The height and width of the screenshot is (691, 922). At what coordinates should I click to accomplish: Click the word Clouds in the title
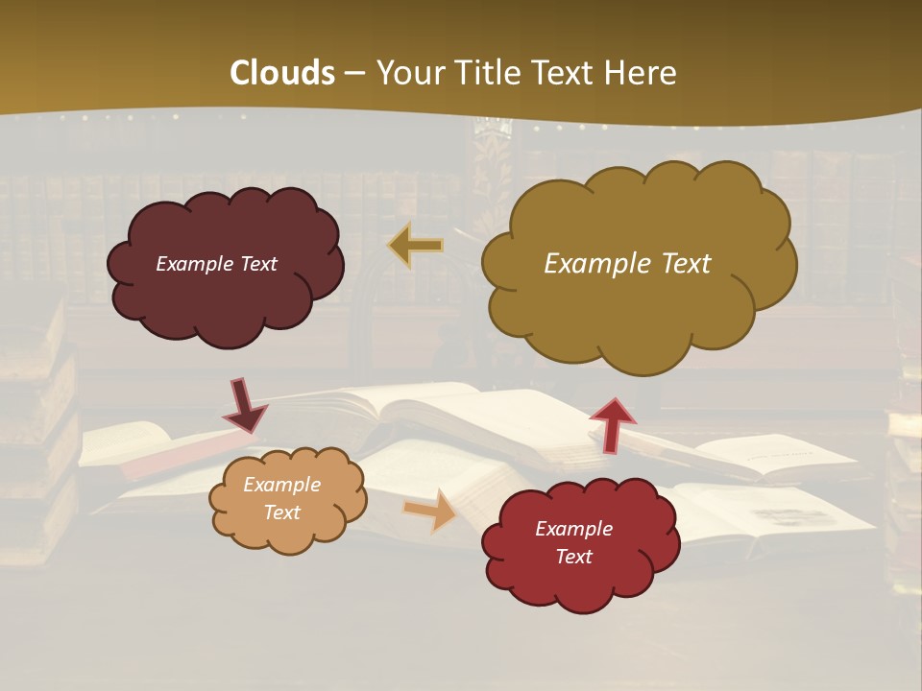pyautogui.click(x=282, y=73)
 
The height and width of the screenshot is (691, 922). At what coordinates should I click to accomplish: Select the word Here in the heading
pyautogui.click(x=643, y=73)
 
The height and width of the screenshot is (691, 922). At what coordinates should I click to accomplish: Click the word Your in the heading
pyautogui.click(x=407, y=73)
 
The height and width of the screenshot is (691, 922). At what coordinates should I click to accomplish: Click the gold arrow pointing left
pyautogui.click(x=416, y=246)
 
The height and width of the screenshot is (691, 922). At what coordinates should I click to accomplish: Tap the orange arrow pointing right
pyautogui.click(x=430, y=509)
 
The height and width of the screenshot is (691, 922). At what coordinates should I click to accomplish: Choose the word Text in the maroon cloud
pyautogui.click(x=256, y=264)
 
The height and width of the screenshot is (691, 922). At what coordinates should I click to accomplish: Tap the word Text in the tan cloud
pyautogui.click(x=281, y=512)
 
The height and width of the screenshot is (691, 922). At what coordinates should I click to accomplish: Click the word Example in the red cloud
pyautogui.click(x=573, y=529)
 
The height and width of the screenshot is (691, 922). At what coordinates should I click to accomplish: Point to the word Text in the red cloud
pyautogui.click(x=573, y=557)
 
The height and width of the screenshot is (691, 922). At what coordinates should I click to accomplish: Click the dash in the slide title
pyautogui.click(x=355, y=74)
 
